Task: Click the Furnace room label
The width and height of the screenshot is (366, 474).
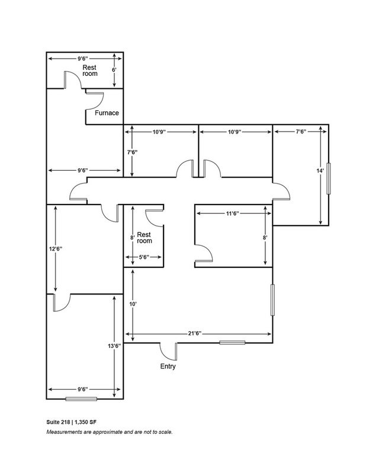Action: [107, 113]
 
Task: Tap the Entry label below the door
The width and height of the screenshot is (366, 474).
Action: [168, 366]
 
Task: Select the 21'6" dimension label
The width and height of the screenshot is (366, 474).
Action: [195, 334]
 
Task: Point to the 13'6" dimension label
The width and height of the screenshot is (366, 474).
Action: [114, 346]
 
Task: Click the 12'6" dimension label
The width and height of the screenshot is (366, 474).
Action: [56, 249]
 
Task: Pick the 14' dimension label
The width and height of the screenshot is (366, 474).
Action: [320, 171]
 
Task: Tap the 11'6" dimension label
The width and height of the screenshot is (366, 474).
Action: [233, 213]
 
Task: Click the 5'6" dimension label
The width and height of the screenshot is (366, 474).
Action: [144, 257]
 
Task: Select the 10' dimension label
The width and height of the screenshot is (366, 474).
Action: [133, 304]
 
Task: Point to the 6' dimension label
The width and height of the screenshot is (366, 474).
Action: [114, 70]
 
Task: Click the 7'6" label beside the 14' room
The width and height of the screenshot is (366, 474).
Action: [301, 132]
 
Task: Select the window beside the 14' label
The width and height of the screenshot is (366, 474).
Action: [329, 178]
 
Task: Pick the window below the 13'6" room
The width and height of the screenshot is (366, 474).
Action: [81, 399]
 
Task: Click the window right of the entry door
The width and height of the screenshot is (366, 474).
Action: [232, 342]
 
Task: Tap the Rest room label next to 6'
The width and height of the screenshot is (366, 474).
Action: [90, 71]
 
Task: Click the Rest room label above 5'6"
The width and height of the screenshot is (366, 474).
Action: [144, 238]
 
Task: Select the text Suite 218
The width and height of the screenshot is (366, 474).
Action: [58, 422]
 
